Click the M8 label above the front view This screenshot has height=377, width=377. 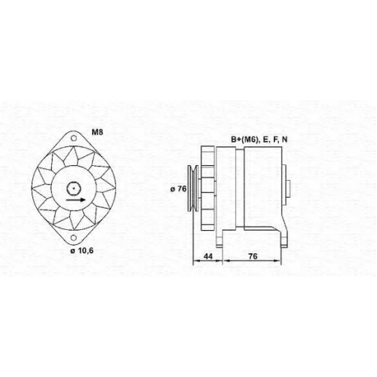click(x=97, y=132)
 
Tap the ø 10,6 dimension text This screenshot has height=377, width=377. click(x=81, y=250)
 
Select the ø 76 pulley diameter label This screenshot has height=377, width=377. click(x=179, y=188)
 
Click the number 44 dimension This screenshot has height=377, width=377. click(x=208, y=256)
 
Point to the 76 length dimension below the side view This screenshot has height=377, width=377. click(x=253, y=256)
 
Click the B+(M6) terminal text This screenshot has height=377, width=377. click(x=245, y=139)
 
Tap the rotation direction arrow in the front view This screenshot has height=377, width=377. click(x=75, y=200)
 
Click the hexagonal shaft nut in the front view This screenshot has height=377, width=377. click(x=73, y=188)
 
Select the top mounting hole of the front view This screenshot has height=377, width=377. click(x=73, y=138)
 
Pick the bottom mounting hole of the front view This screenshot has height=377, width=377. click(x=73, y=238)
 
